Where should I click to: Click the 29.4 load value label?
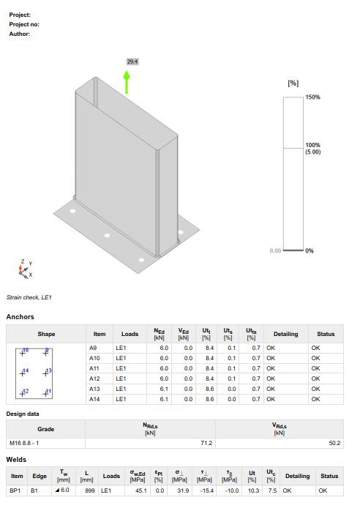pyautogui.click(x=132, y=62)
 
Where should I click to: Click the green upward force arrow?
pyautogui.click(x=127, y=81)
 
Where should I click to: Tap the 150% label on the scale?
pyautogui.click(x=313, y=97)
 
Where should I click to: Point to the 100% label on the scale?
pyautogui.click(x=313, y=145)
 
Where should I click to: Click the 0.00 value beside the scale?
pyautogui.click(x=275, y=250)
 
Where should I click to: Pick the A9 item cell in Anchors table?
pyautogui.click(x=93, y=348)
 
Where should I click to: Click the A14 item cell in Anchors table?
pyautogui.click(x=93, y=399)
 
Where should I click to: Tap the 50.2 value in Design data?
pyautogui.click(x=336, y=443)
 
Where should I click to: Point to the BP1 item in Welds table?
pyautogui.click(x=15, y=491)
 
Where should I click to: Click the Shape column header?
pyautogui.click(x=46, y=334)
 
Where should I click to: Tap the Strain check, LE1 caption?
pyautogui.click(x=29, y=298)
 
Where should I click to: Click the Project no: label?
pyautogui.click(x=24, y=24)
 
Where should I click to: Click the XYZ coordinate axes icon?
pyautogui.click(x=24, y=269)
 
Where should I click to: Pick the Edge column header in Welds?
pyautogui.click(x=39, y=476)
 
